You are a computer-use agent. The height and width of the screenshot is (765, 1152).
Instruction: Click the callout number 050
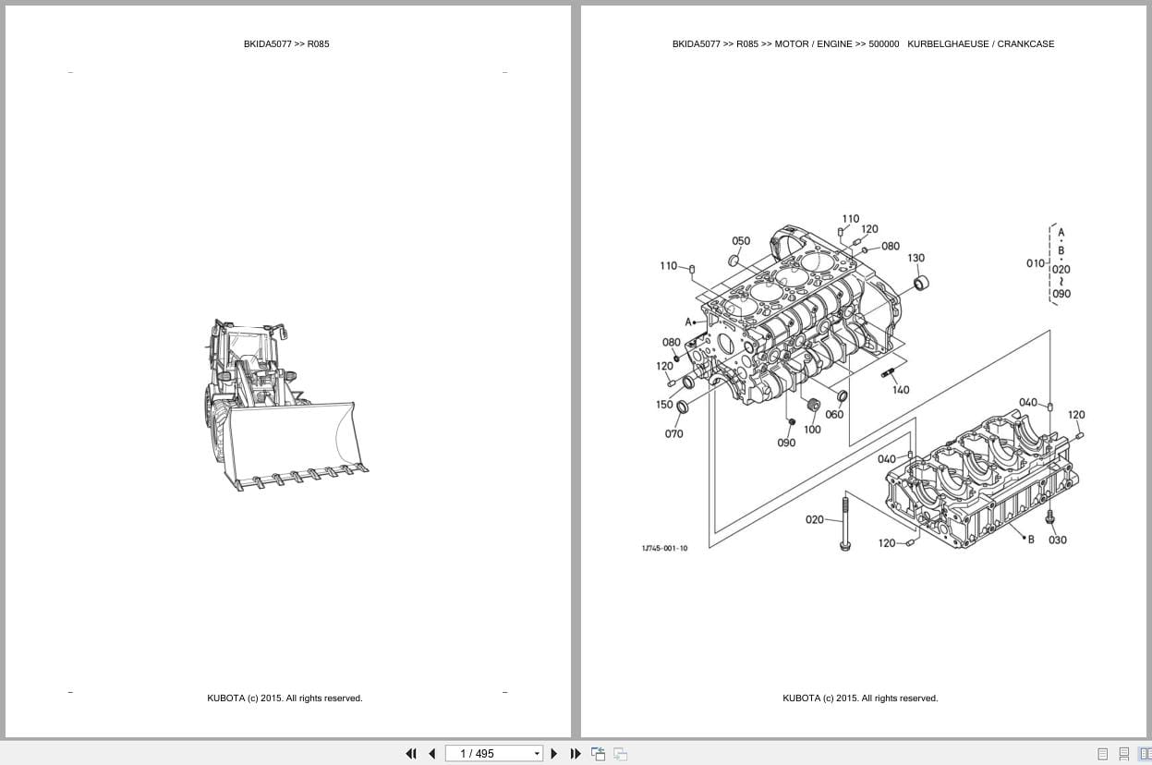coord(741,241)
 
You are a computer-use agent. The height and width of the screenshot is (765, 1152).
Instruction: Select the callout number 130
coord(916,259)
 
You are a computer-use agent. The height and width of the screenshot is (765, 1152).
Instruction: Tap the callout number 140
coord(900,390)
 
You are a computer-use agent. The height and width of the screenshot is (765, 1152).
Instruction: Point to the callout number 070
coord(673,434)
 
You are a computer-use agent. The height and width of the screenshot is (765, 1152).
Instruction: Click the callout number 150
coord(664,405)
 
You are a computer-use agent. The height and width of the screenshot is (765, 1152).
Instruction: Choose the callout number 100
coord(812,430)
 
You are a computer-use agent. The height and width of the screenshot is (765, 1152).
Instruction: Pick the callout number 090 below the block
coord(786,443)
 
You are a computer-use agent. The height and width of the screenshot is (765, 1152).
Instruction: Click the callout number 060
coord(834,415)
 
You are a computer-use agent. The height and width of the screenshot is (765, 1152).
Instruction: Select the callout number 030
coord(1057,540)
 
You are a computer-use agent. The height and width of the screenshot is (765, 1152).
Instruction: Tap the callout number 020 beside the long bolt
coord(814,520)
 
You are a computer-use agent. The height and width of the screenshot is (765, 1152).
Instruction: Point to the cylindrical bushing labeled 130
coord(920,282)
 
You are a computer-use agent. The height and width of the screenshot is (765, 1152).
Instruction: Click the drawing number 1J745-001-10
coord(664,549)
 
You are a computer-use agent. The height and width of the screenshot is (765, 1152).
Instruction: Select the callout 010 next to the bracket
coord(1036,263)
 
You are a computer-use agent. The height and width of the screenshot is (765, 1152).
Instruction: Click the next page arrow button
coord(554,754)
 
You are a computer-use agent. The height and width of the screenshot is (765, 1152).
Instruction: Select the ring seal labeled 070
coord(683,407)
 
